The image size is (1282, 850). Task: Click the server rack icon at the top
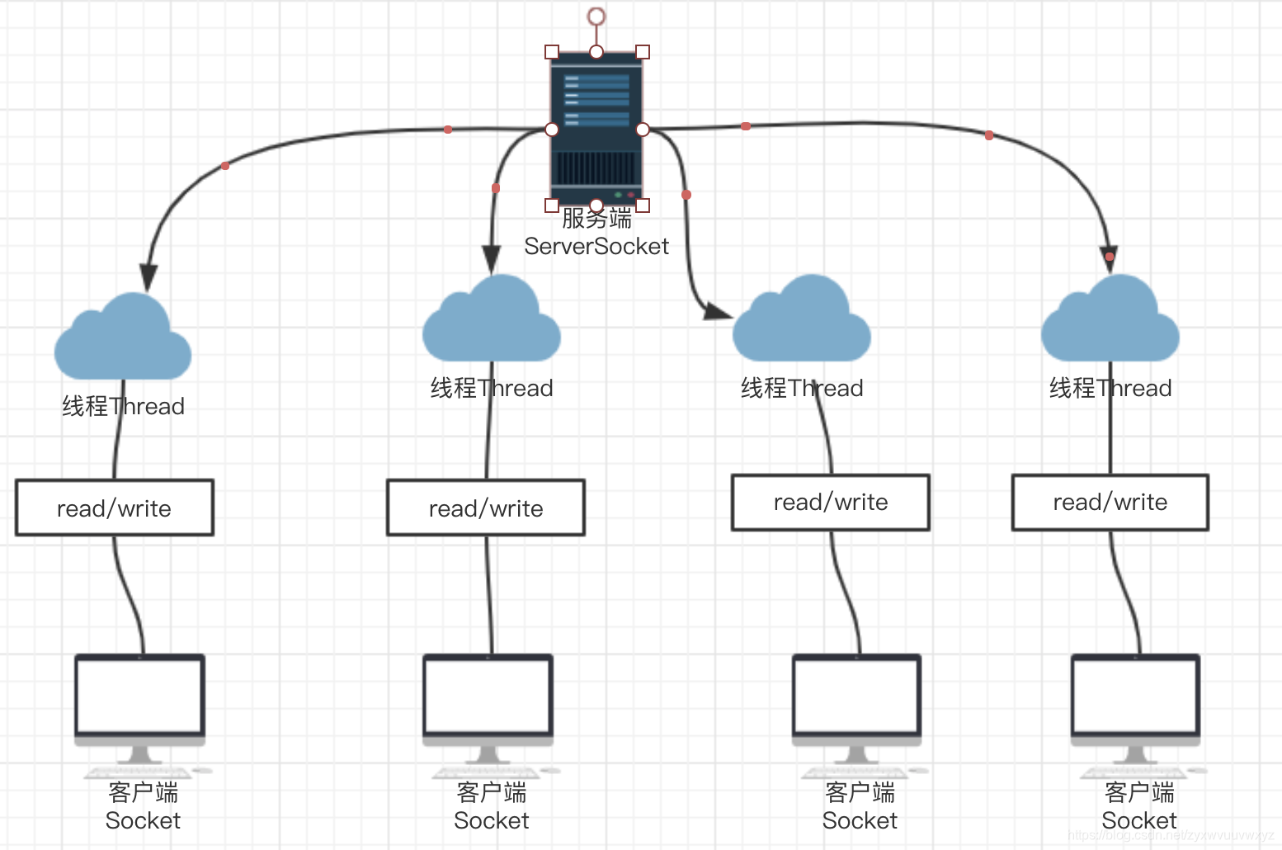(596, 128)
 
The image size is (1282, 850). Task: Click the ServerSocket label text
(596, 246)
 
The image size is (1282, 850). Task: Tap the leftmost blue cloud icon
(123, 338)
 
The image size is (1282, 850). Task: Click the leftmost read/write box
(115, 508)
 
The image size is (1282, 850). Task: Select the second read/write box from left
(486, 508)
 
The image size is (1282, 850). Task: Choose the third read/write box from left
(831, 503)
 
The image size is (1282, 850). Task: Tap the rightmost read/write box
(1110, 503)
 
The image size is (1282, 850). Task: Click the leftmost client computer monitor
(140, 695)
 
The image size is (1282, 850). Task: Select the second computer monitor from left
(488, 695)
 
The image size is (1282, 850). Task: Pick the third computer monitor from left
(857, 695)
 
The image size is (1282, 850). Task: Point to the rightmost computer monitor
(1136, 695)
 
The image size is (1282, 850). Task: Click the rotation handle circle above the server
(596, 17)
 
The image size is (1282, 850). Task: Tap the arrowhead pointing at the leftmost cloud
(148, 276)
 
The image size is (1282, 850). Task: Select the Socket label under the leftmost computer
(143, 821)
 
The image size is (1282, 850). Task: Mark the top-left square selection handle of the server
(552, 52)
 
